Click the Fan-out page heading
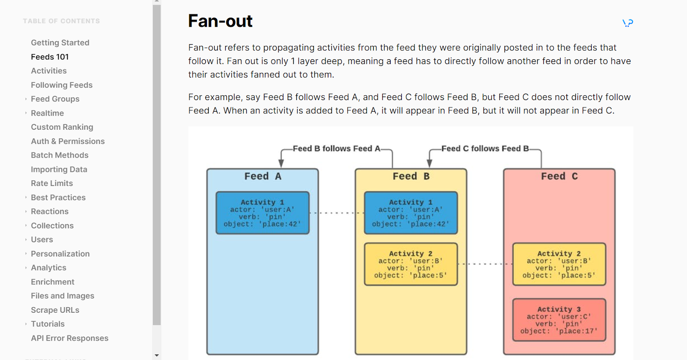[220, 21]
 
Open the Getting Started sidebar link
[60, 43]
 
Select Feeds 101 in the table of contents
[50, 57]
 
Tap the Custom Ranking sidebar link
[62, 127]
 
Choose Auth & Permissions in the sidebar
[68, 141]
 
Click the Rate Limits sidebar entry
[52, 183]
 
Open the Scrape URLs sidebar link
[55, 310]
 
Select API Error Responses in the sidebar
[70, 338]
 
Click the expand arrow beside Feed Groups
[26, 99]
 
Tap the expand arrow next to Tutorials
[26, 324]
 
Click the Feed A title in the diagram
[263, 176]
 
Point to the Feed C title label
[559, 176]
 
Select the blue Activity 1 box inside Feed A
[262, 213]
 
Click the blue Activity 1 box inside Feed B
[411, 213]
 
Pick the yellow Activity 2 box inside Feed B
[411, 264]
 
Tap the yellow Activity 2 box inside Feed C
[559, 264]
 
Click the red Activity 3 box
[559, 320]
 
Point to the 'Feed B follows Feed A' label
[337, 149]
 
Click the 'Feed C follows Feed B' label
[485, 149]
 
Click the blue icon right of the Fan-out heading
[628, 23]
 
